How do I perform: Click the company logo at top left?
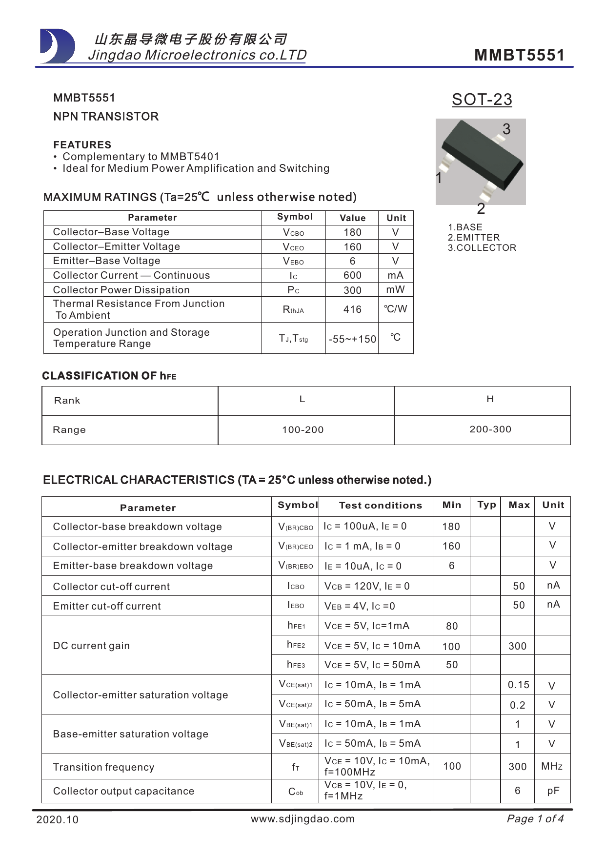pos(57,46)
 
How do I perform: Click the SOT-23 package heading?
pos(482,100)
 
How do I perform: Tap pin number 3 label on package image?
pos(506,129)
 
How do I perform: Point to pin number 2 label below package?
pos(481,209)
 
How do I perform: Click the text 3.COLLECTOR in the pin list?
pos(482,248)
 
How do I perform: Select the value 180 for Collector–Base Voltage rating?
pos(352,233)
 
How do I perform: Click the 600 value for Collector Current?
pos(352,276)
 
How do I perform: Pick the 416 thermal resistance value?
pos(352,310)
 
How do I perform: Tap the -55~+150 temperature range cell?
pos(352,339)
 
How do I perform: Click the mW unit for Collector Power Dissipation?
pos(396,289)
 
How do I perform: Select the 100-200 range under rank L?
pos(302,430)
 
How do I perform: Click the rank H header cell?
pos(490,399)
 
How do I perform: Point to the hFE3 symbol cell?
pos(296,665)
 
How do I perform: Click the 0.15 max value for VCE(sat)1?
pos(518,685)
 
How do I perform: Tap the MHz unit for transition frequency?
pos(552,767)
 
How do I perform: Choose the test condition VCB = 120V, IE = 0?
pos(367,587)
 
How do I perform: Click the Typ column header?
pos(486,505)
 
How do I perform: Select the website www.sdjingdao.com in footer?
pos(302,819)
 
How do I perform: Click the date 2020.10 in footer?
pos(57,820)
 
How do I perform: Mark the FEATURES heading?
pos(82,145)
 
